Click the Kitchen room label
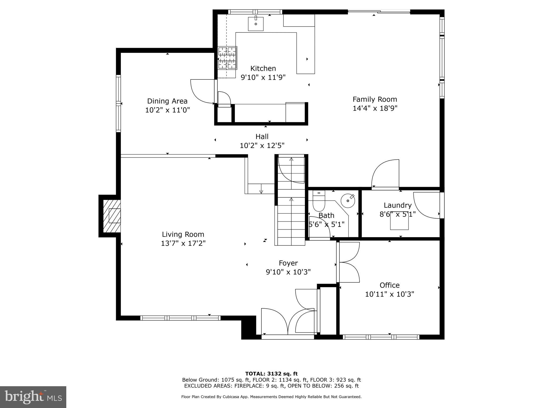263,69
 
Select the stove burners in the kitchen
227,58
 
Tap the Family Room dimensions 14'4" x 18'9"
375,108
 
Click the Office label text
389,285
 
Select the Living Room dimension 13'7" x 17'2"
183,243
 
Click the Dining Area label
167,101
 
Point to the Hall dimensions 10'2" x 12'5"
262,146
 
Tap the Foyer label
288,263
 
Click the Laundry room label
397,205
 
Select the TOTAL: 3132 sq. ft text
271,374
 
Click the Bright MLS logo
33,397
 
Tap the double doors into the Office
348,262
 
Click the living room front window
180,318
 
